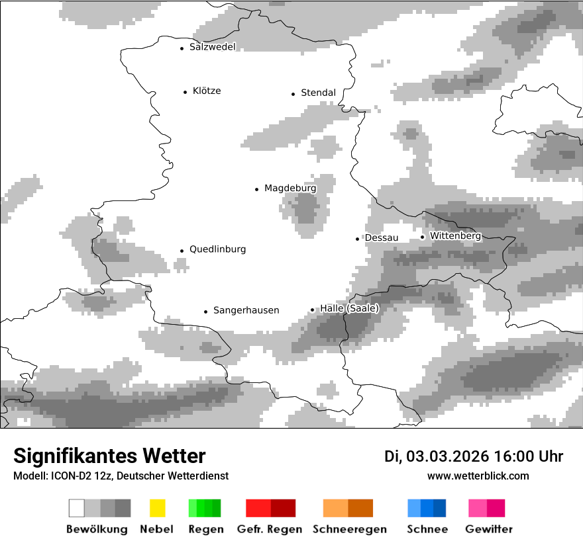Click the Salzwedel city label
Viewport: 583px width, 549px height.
212,47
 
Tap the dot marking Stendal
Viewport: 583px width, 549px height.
293,94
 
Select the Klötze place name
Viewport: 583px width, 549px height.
207,91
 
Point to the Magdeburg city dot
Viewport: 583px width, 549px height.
256,189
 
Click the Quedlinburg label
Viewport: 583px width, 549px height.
217,249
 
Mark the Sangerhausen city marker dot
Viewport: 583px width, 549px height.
205,311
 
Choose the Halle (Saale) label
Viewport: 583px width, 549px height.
349,309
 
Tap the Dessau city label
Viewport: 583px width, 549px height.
382,237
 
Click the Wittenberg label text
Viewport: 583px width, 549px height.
455,235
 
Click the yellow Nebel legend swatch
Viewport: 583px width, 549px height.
157,508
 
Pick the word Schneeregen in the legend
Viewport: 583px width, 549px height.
348,529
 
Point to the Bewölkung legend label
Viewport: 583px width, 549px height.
97,529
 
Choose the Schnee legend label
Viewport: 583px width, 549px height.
427,529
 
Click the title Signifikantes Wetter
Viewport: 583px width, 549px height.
109,456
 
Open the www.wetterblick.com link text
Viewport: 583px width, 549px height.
478,476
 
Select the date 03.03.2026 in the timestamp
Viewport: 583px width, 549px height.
447,456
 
